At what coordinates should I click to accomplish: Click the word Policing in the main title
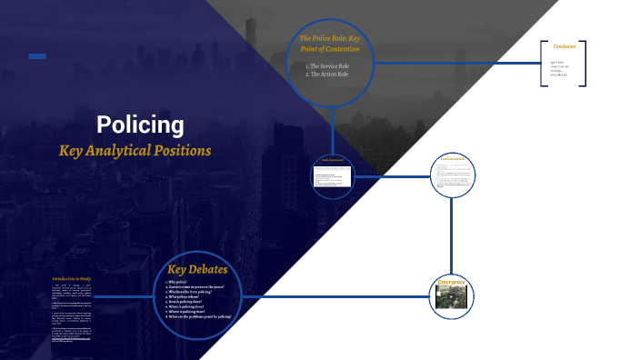(140, 125)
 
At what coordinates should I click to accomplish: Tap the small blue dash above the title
(37, 56)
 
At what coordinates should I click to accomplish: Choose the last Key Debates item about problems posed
(199, 315)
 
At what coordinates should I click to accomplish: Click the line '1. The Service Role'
(330, 66)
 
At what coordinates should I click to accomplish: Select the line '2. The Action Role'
(329, 74)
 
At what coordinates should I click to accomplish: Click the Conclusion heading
(565, 46)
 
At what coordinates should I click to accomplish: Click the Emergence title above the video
(452, 282)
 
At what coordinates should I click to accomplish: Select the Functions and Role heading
(452, 159)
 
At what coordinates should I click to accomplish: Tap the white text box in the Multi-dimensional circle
(333, 175)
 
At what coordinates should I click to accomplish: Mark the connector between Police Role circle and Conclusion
(455, 63)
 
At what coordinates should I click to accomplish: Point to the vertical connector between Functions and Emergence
(452, 232)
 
